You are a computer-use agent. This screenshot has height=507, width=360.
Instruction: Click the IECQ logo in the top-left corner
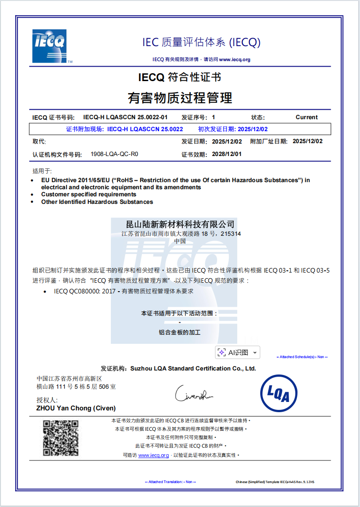point(49,46)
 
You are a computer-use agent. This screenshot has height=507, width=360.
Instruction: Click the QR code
point(61,438)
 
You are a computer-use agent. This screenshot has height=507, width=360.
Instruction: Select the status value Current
point(306,117)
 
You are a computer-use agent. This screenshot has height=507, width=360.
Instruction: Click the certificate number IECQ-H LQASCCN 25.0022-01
point(125,117)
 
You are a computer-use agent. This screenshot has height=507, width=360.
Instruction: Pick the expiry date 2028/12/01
point(227,154)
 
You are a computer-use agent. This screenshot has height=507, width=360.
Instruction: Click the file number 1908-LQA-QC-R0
point(114,154)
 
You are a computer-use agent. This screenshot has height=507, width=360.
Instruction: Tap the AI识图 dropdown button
point(238,352)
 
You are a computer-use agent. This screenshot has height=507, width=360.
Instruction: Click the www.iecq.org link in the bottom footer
point(153,455)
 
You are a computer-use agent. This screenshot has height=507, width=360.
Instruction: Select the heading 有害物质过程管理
point(180,97)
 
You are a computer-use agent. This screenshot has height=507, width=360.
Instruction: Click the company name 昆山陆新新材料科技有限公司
point(180,225)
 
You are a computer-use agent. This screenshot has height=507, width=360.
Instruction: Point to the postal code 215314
point(231,234)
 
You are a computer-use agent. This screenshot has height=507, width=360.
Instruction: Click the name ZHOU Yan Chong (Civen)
point(76,408)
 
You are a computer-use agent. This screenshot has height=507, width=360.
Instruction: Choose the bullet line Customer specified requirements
point(89,195)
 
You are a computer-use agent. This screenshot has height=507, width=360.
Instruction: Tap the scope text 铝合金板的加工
point(180,332)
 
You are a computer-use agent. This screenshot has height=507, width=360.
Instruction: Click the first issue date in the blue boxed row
point(253,129)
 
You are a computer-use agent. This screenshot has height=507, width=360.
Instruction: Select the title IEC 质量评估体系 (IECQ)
point(201,43)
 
